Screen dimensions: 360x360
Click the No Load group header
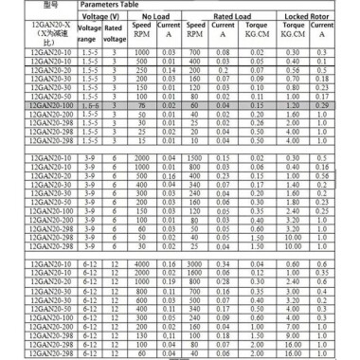tap(154, 16)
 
